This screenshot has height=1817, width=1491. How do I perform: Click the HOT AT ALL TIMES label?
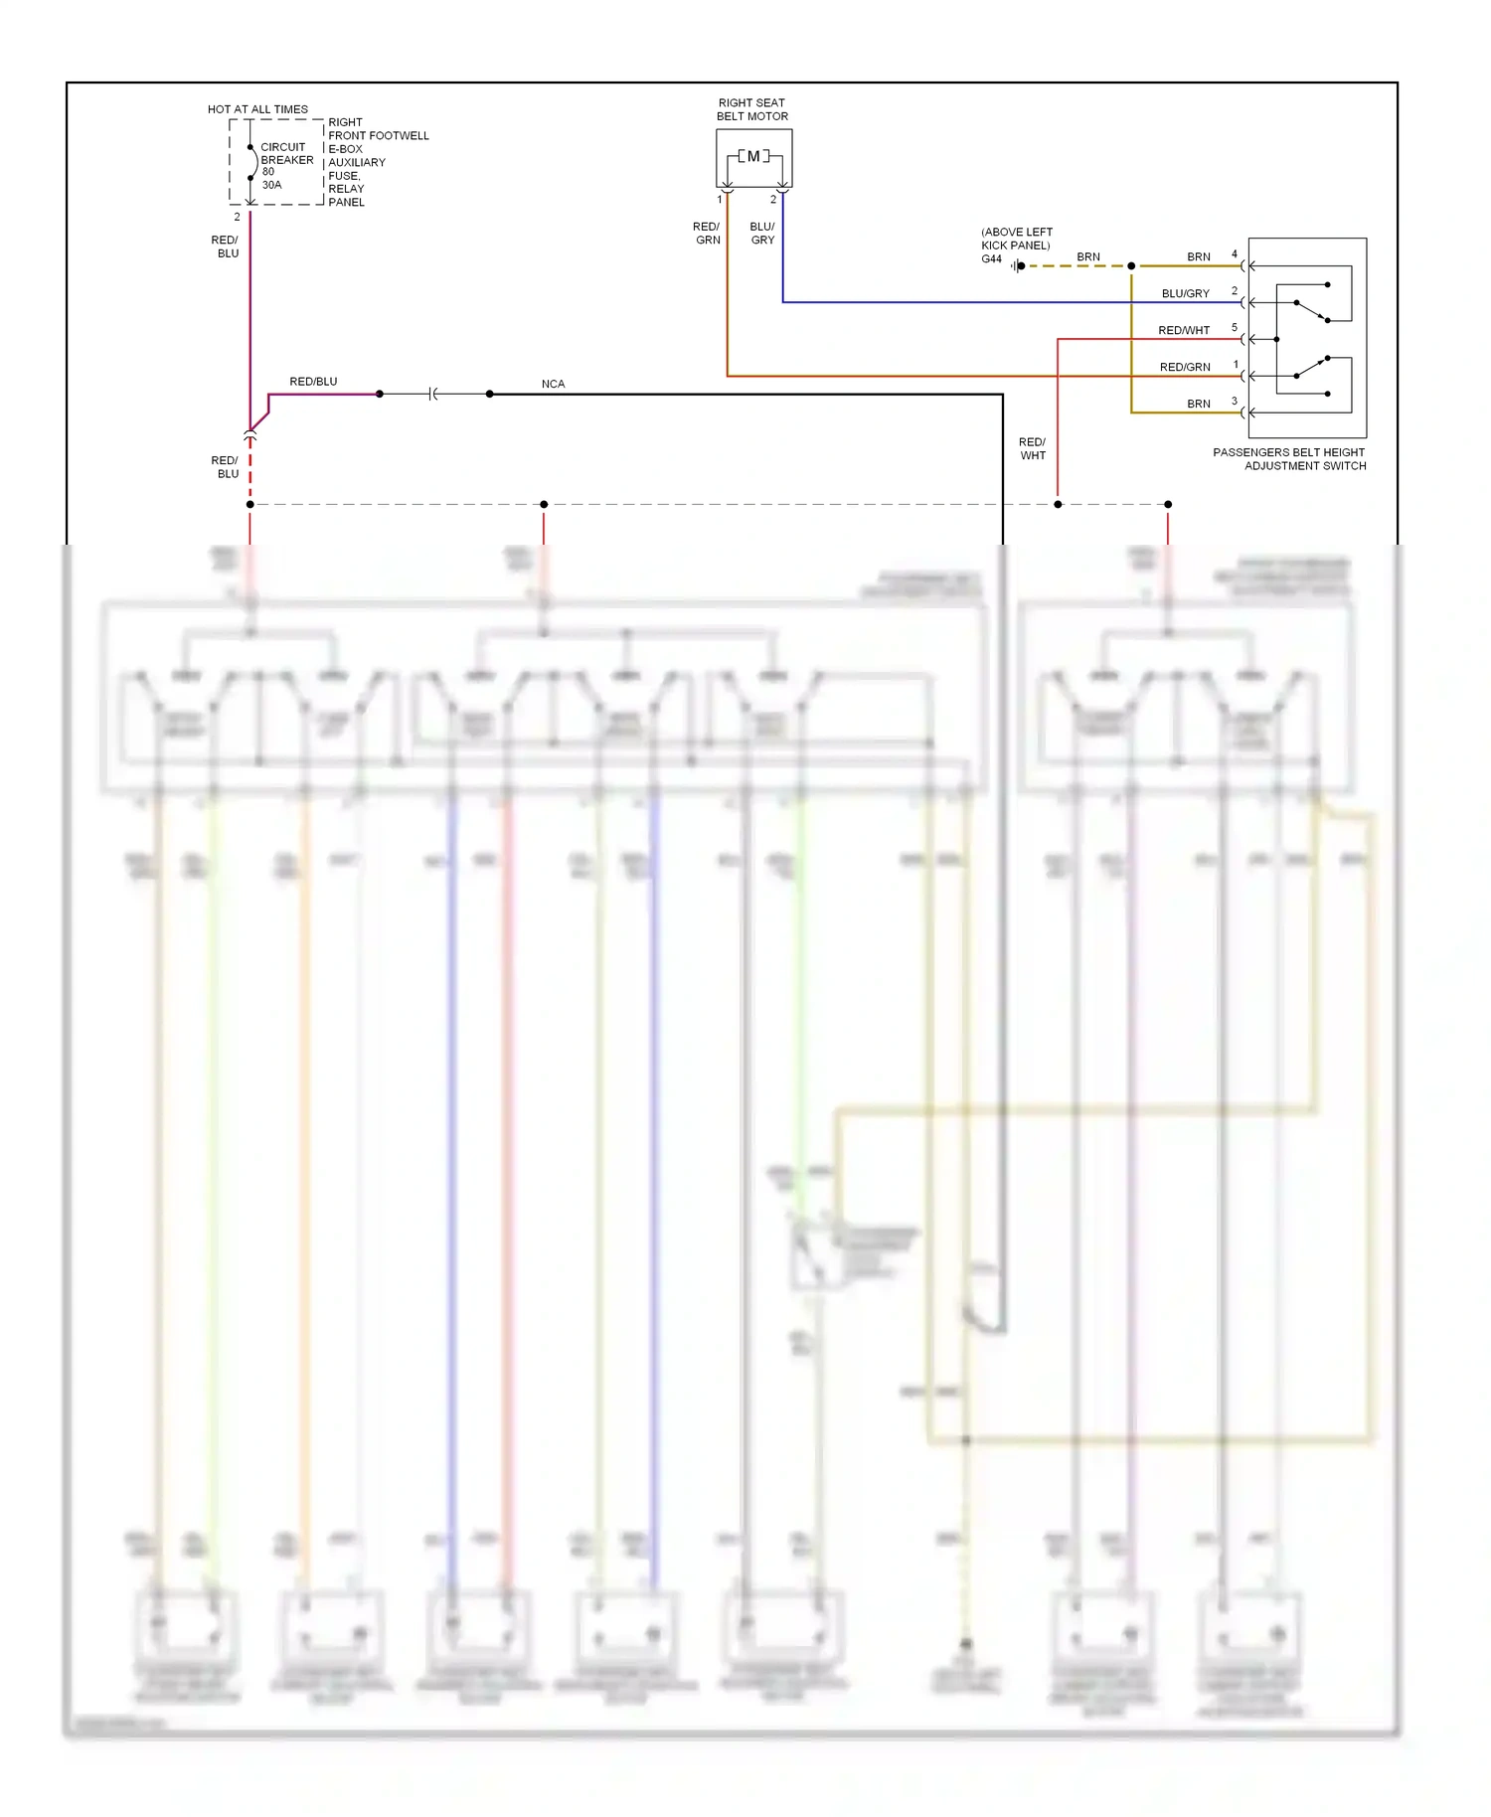tap(257, 109)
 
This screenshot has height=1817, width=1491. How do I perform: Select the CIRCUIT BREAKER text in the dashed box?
tap(286, 153)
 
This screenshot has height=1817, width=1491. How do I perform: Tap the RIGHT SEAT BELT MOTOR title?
tap(752, 109)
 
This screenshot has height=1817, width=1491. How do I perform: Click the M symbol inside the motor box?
tap(753, 156)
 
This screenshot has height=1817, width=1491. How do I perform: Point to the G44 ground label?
tap(991, 259)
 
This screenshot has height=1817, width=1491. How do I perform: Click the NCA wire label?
tap(553, 384)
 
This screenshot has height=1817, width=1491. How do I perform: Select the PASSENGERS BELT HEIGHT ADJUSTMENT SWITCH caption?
tap(1289, 459)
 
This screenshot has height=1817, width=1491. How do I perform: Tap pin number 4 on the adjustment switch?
tap(1235, 254)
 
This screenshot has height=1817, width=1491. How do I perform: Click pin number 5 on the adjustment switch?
tap(1235, 328)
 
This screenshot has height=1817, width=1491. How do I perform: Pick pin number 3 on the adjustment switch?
tap(1235, 402)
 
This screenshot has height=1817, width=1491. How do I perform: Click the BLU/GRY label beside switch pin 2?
tap(1185, 294)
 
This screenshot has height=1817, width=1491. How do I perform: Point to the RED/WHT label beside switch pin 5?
tap(1184, 331)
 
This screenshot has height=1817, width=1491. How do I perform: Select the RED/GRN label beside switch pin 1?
tap(1185, 368)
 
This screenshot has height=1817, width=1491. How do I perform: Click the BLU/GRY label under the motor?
tap(762, 234)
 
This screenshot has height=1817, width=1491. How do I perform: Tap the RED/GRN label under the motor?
tap(707, 234)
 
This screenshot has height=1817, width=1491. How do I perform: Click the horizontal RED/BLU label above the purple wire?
tap(313, 382)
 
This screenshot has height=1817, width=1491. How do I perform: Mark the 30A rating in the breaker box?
tap(271, 185)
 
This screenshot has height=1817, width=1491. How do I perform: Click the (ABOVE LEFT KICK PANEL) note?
tap(1016, 239)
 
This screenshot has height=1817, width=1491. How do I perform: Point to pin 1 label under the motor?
tap(720, 200)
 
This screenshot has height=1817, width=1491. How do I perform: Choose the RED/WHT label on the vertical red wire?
tap(1032, 449)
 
